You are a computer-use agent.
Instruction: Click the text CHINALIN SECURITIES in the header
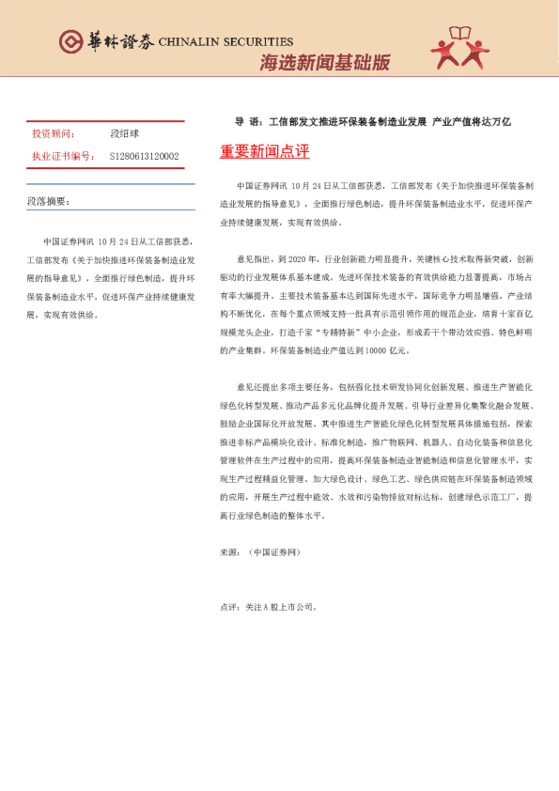coord(225,42)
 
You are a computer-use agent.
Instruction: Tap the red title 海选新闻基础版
coord(324,63)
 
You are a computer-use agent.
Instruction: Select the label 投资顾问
coord(54,135)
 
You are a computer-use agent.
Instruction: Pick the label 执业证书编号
coord(63,156)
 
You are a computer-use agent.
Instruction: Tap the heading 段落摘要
coord(48,201)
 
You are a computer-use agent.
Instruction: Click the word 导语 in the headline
coord(247,122)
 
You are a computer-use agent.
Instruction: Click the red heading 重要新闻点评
coord(264,152)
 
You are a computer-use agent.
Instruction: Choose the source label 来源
coord(228,552)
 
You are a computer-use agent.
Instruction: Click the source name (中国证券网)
coord(274,552)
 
